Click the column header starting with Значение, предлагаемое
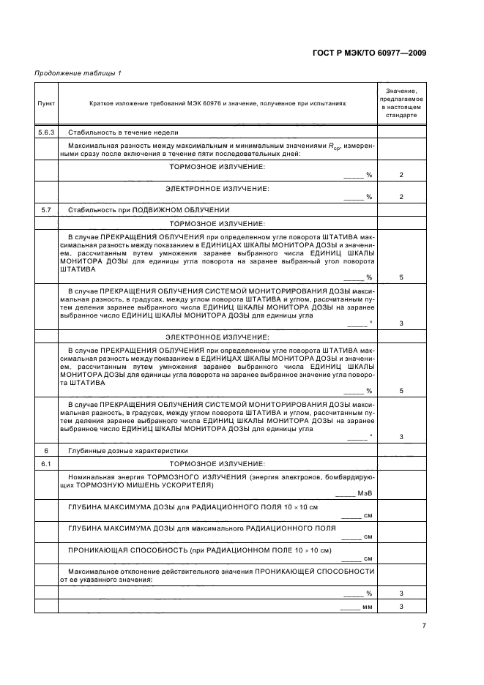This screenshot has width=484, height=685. tap(401, 101)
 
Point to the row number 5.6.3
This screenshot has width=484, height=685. tap(45, 132)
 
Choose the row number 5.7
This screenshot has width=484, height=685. tap(45, 210)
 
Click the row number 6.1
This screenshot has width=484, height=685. tap(45, 464)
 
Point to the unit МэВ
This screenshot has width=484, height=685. tap(365, 495)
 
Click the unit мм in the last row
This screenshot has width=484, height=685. tap(367, 607)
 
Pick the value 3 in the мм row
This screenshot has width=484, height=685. tap(401, 607)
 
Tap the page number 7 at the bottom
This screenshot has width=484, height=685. tap(423, 625)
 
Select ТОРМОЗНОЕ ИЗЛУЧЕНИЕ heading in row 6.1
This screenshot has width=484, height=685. tap(217, 464)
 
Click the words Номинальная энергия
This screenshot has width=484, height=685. tap(98, 477)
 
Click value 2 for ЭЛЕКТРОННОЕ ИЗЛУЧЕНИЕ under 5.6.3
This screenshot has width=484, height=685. tap(401, 197)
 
